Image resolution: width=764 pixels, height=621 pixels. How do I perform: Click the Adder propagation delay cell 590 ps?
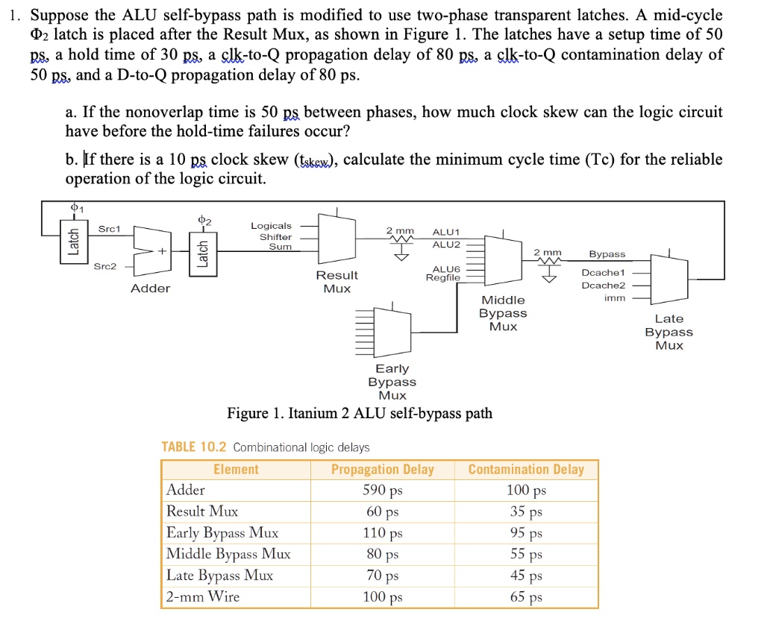point(382,491)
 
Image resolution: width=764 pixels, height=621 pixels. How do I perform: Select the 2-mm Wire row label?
point(203,596)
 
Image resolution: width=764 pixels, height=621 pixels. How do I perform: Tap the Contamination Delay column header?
point(526,470)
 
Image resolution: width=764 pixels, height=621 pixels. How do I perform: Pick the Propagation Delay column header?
point(382,470)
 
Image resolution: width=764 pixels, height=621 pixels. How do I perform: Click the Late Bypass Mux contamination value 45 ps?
point(526,576)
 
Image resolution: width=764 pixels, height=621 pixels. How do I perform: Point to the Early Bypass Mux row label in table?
point(222,532)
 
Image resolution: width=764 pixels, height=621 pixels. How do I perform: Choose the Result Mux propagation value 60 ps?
point(382,511)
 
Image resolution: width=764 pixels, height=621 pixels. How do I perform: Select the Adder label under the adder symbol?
point(150,289)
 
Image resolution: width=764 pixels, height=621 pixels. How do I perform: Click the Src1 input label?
point(109,229)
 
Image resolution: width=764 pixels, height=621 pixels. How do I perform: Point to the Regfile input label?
point(442,278)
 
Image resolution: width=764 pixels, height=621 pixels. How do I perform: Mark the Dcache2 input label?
point(604,286)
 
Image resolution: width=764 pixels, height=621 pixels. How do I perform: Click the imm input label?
point(614,298)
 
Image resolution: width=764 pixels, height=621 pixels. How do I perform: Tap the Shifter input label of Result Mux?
point(275,237)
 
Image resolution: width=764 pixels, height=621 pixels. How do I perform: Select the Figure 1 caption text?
point(360,413)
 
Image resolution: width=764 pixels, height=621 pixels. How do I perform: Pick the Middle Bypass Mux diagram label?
point(503,313)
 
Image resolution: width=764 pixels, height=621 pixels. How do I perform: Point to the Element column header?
point(236,470)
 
